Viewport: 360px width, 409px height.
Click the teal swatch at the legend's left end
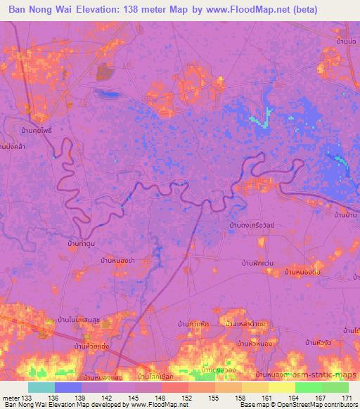41,387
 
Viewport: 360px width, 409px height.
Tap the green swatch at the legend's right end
335,387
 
